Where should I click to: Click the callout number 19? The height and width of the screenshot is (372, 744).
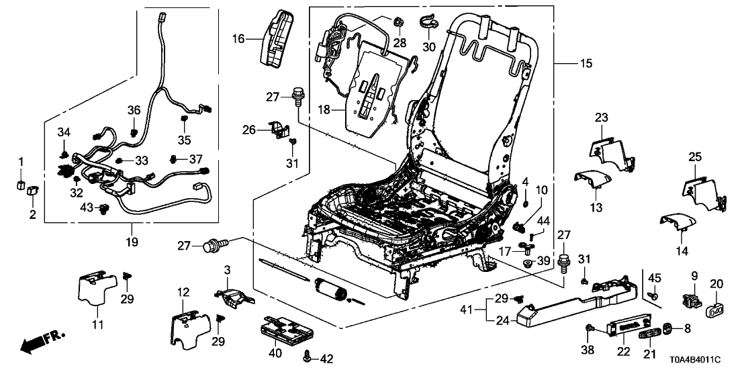132,241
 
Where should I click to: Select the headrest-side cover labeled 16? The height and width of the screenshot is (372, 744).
277,39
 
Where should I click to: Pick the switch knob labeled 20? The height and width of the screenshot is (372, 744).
715,310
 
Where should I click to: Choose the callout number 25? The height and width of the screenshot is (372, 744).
694,157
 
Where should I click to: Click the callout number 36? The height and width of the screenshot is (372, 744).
134,110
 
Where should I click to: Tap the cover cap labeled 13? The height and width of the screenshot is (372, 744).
592,180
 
